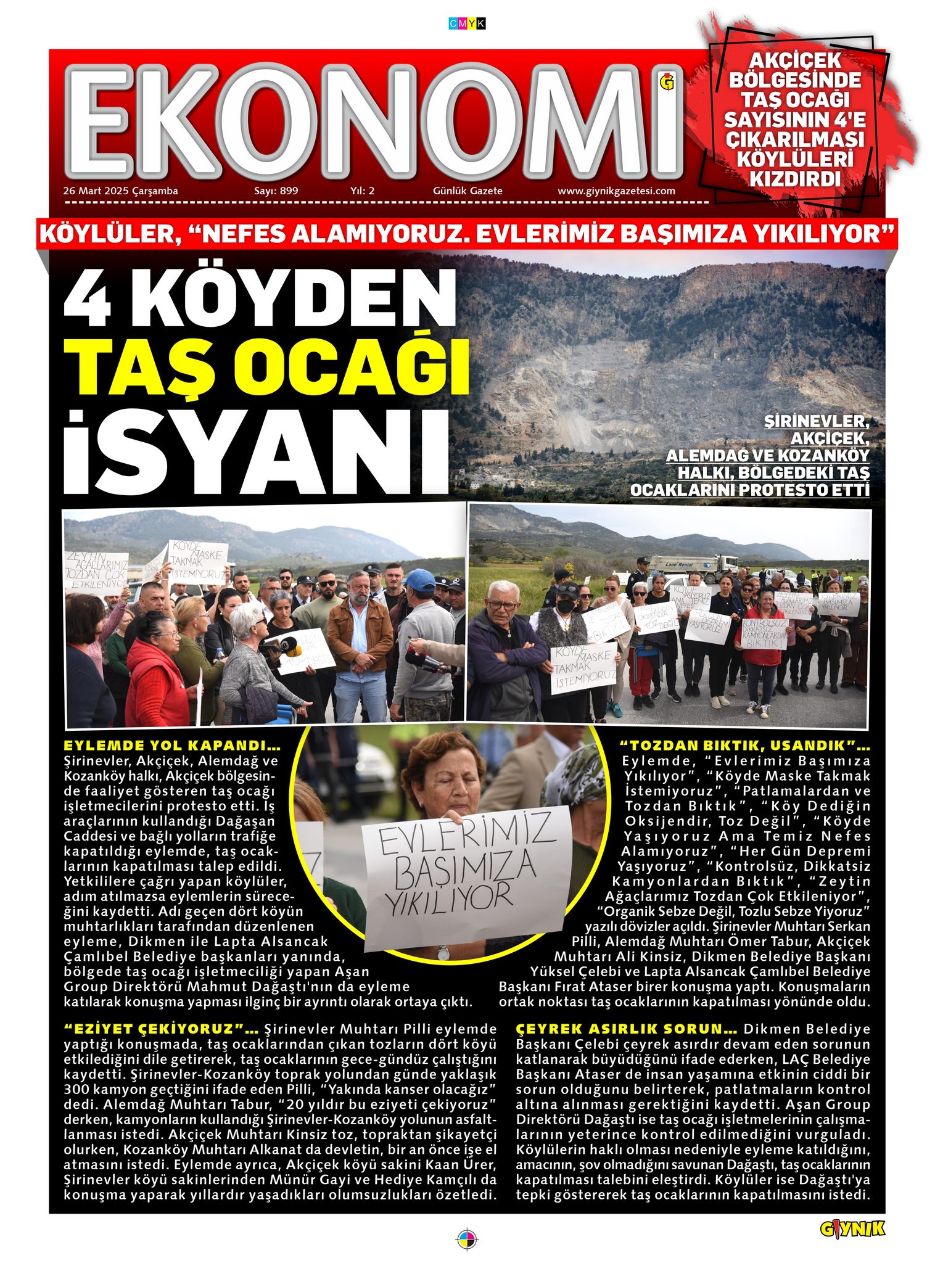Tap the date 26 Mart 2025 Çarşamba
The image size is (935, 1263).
tap(120, 191)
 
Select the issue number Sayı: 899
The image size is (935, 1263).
tap(276, 191)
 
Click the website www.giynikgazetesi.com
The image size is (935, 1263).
tap(616, 191)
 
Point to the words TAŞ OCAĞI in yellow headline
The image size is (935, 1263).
tap(271, 365)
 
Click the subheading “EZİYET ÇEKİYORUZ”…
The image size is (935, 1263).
tap(161, 1029)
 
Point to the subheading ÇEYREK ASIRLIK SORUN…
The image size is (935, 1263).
tap(627, 1029)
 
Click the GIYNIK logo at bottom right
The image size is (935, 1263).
tap(852, 1228)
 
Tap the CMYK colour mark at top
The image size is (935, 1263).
tap(467, 24)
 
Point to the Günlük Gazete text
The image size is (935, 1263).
tap(467, 191)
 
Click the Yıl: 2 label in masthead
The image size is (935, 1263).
tap(362, 191)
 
